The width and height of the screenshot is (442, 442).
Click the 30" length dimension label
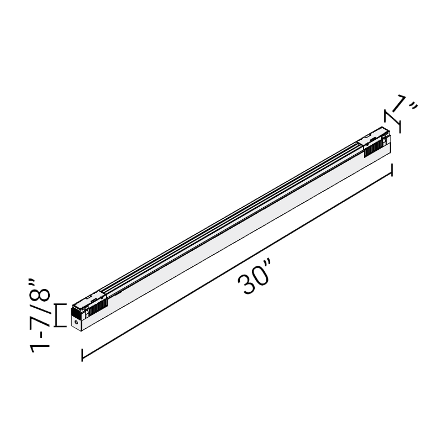point(254,277)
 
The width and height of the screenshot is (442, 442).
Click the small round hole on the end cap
point(76,322)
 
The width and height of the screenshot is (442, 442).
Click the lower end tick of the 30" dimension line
point(82,355)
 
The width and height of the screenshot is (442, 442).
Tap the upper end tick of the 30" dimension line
point(392,170)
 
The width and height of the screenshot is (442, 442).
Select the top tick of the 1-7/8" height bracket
point(60,304)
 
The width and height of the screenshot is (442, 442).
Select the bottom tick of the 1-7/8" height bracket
point(60,327)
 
